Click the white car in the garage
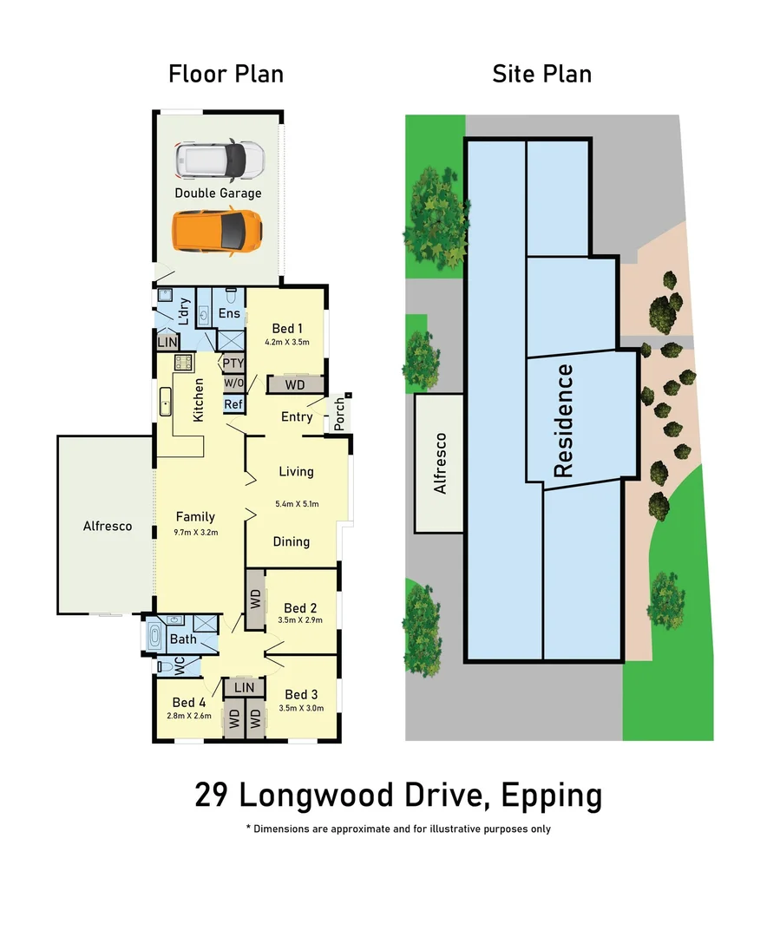click(219, 159)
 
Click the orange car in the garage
click(217, 230)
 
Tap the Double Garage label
click(218, 193)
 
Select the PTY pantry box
click(233, 364)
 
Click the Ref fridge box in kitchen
click(233, 403)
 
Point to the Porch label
click(338, 414)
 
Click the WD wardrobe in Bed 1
click(296, 383)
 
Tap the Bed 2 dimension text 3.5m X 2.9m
click(299, 621)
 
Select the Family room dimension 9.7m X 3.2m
click(195, 532)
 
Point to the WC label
click(180, 666)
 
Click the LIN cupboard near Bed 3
click(244, 687)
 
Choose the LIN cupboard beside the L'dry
click(167, 344)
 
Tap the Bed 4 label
click(188, 702)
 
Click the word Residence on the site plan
click(563, 421)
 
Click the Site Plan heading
click(541, 74)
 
